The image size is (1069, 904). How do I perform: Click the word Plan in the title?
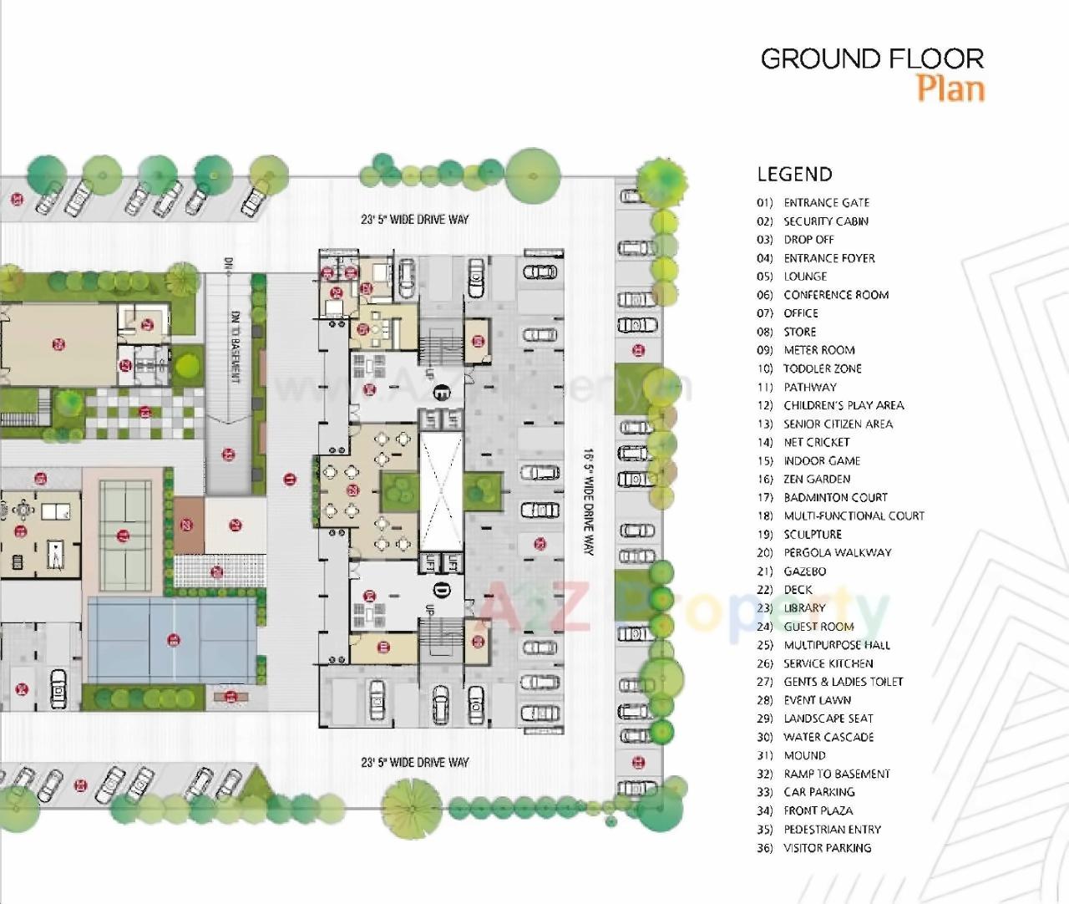tap(950, 89)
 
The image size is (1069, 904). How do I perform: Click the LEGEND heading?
tap(794, 175)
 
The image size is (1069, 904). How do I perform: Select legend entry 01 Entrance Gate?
tap(825, 203)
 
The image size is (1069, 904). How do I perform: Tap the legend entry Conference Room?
tap(835, 295)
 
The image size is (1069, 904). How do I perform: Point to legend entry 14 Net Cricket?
tap(815, 443)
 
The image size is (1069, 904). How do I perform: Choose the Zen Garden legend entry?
tap(816, 480)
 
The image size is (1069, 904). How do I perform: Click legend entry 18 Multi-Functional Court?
tap(853, 516)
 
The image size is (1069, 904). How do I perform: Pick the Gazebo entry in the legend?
tap(804, 571)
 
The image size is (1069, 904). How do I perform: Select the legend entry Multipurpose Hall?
tap(836, 645)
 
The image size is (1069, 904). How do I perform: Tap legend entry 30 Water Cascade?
tap(828, 737)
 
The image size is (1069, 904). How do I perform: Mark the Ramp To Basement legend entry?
tap(836, 774)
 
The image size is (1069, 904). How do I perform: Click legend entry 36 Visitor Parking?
tap(827, 848)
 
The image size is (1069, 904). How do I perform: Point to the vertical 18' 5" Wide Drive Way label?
tap(588, 501)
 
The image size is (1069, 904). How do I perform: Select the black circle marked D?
tap(441, 592)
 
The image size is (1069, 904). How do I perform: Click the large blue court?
tap(171, 640)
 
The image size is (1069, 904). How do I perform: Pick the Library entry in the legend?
tap(803, 608)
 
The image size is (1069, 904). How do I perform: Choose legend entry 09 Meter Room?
tap(818, 350)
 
